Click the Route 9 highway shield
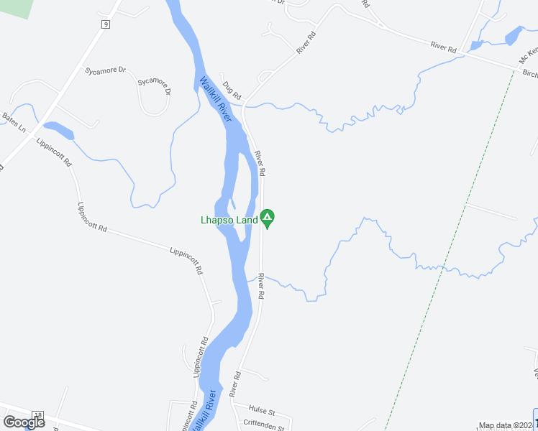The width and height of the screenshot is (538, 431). click(x=105, y=24)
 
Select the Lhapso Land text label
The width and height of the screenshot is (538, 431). click(x=228, y=220)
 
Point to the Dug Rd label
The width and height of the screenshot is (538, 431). click(x=231, y=91)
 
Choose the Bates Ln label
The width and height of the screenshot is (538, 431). click(x=14, y=123)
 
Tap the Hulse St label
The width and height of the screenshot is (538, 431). click(x=263, y=411)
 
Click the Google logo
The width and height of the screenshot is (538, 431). click(x=24, y=422)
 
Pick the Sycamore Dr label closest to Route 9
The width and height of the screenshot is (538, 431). click(x=105, y=70)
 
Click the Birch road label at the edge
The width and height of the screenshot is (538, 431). click(x=529, y=73)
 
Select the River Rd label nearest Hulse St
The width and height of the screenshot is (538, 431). click(x=234, y=384)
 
